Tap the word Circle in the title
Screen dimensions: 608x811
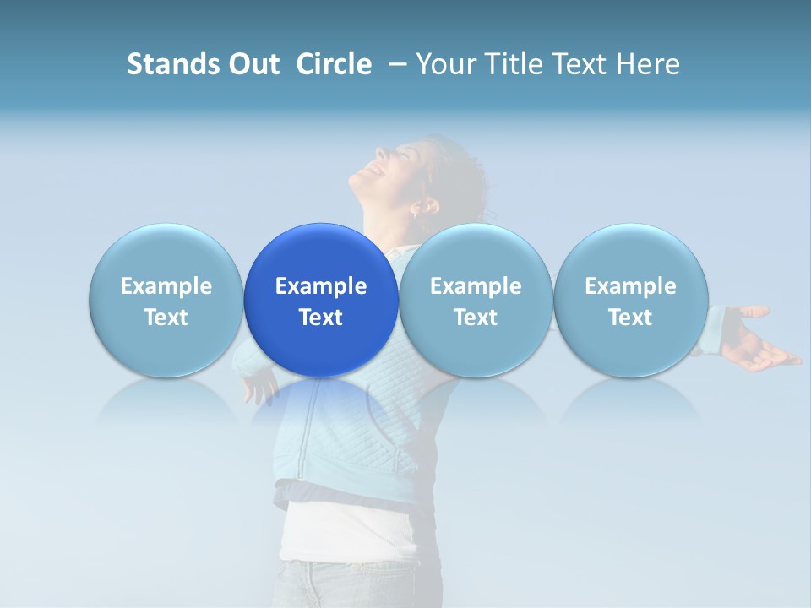pos(334,64)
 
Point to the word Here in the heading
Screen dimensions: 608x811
pos(648,64)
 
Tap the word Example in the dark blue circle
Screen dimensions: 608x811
pos(321,286)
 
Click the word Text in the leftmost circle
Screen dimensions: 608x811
pos(166,318)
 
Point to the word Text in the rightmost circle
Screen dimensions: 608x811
pos(630,318)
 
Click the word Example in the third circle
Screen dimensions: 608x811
pos(476,286)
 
